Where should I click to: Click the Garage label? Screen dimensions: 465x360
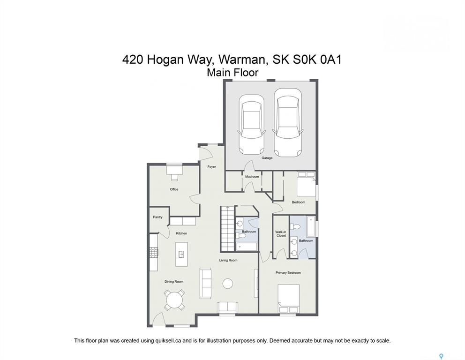click(267, 158)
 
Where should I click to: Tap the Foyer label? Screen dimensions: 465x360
click(211, 167)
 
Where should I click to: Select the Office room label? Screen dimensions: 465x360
click(174, 189)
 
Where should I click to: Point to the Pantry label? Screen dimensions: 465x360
click(158, 217)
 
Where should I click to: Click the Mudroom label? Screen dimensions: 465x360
click(252, 176)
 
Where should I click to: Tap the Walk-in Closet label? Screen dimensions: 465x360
click(281, 234)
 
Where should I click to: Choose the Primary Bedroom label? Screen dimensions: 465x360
click(288, 272)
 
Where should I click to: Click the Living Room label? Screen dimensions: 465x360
click(228, 260)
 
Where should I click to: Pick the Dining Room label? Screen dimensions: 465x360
click(174, 281)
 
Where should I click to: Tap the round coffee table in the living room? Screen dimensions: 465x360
click(228, 283)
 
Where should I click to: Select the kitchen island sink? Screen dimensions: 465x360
click(181, 254)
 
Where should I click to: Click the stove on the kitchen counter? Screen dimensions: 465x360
click(154, 253)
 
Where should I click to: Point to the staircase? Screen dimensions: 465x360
click(227, 229)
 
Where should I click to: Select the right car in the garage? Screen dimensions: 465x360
click(288, 122)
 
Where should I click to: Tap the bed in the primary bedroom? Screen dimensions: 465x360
click(289, 299)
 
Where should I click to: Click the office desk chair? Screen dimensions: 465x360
click(174, 177)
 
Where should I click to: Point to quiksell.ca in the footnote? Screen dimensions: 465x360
click(168, 341)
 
